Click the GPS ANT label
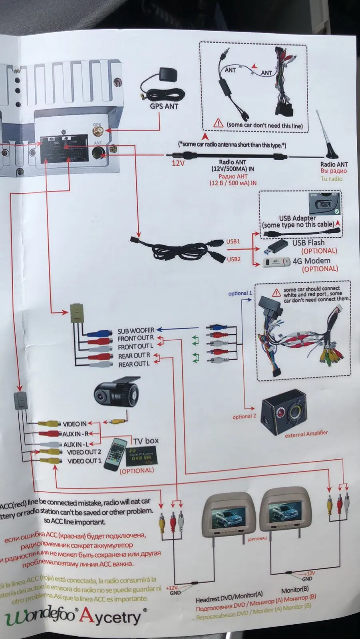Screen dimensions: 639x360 (164, 106)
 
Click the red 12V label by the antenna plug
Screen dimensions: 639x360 (178, 163)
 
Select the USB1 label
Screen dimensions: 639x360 (233, 241)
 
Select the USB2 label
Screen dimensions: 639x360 (234, 259)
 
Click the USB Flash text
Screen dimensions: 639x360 (308, 242)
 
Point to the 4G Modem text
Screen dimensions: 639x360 (311, 261)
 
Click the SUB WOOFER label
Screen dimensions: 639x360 (136, 331)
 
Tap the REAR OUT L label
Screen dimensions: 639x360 (134, 364)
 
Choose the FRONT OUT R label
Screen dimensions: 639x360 (135, 339)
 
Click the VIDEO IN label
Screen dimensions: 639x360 (75, 424)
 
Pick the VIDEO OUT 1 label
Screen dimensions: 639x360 (84, 461)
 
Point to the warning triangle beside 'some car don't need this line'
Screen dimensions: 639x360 (218, 123)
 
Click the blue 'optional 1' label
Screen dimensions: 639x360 (240, 293)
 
